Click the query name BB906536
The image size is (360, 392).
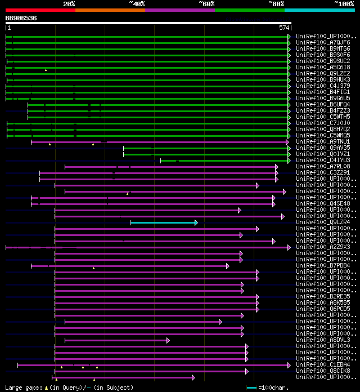click(21, 18)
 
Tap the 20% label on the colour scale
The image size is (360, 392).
click(69, 4)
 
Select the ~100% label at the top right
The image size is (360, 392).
click(344, 4)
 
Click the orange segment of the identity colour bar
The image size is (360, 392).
click(110, 10)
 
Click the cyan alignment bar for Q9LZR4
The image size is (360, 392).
click(163, 222)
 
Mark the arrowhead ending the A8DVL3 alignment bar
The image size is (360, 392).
click(168, 340)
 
